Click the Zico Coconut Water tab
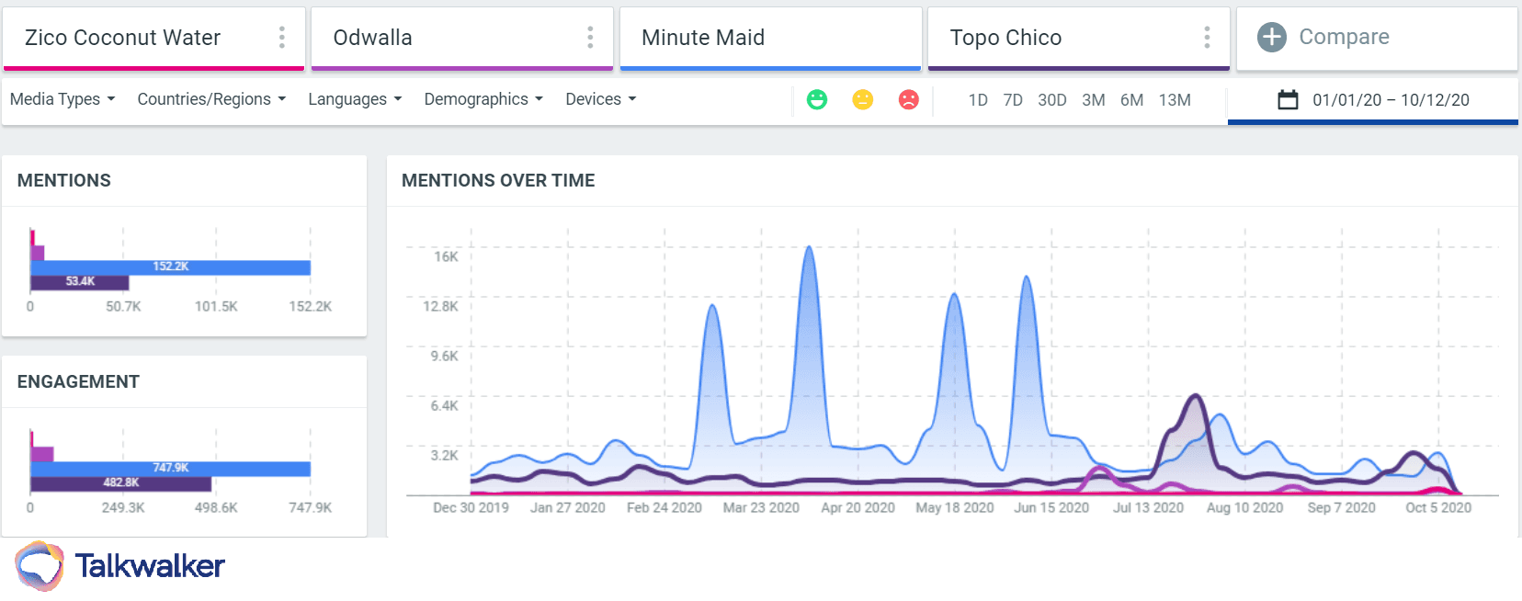pos(122,38)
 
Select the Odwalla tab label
pos(372,38)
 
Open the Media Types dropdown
pos(62,99)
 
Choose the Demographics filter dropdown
pos(483,99)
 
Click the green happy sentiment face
pos(817,99)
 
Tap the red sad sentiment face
pos(908,99)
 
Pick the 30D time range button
pos(1051,100)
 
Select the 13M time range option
pos(1174,100)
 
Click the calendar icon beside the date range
pos(1288,99)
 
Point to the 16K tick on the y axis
pos(446,256)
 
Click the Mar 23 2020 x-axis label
pos(761,507)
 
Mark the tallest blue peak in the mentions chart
pos(809,247)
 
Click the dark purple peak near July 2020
pos(1195,396)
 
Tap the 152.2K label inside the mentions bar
pos(171,266)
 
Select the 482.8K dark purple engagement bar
pos(120,482)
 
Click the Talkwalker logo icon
pos(40,565)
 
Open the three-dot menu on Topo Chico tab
pos(1207,38)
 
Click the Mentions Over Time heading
pos(498,181)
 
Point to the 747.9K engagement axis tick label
pos(310,507)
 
